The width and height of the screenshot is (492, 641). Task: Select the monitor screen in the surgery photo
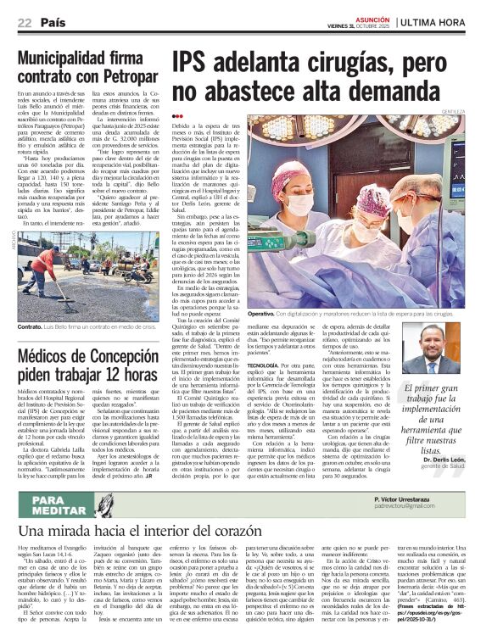tap(371, 143)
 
